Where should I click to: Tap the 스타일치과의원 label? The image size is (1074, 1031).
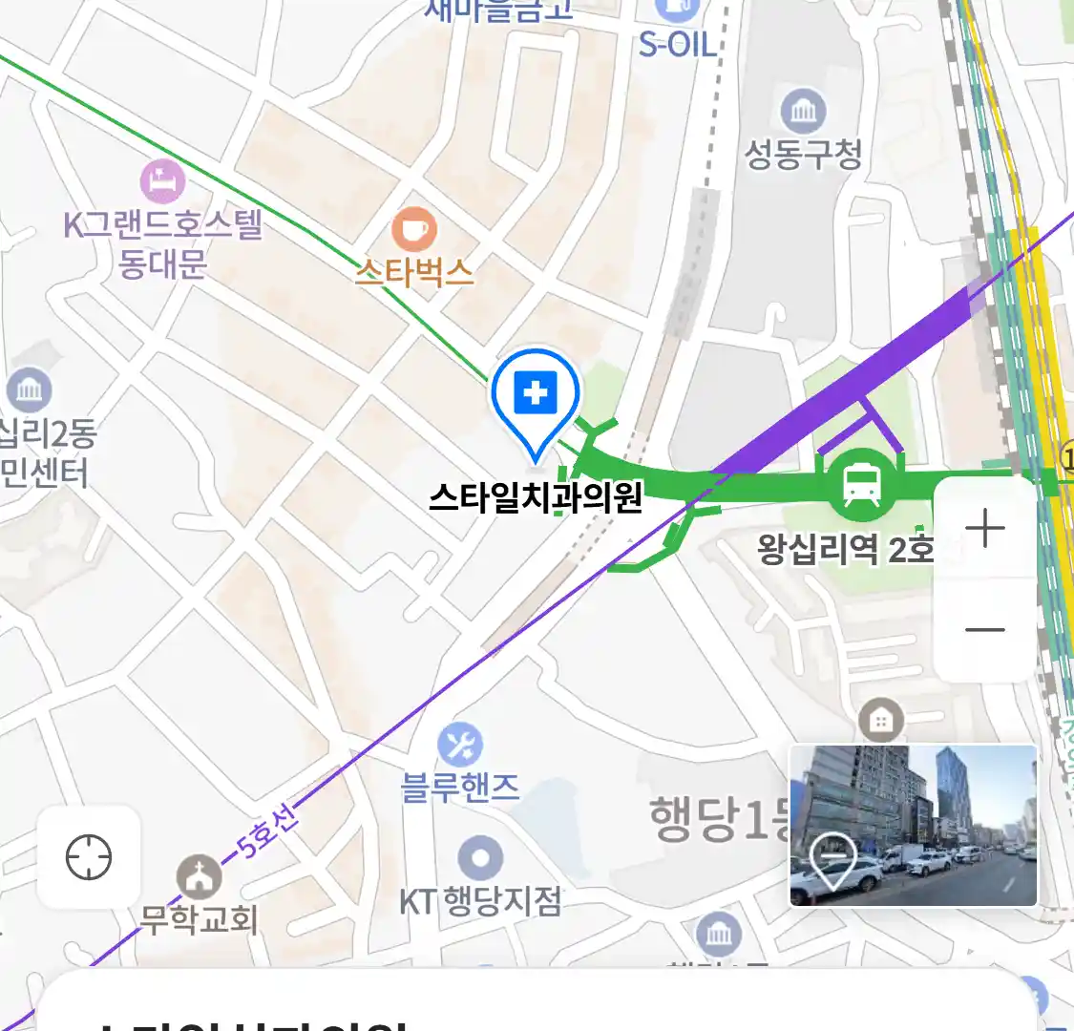pos(536,497)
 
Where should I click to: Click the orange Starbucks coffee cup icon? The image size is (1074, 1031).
pos(414,230)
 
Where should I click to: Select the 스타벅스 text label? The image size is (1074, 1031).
pos(414,272)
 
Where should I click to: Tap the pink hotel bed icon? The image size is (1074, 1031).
pos(162,180)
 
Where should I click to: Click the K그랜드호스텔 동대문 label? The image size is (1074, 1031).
pos(162,243)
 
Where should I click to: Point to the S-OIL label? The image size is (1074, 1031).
pos(677,44)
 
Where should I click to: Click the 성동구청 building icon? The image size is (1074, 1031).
pos(803,111)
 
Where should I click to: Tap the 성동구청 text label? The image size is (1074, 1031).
pos(803,154)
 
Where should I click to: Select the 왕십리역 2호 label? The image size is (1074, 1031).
pos(846,549)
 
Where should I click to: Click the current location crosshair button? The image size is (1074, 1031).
pos(89,856)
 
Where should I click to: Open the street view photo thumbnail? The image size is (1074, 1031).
pos(913,826)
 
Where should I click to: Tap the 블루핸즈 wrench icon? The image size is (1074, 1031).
pos(460,745)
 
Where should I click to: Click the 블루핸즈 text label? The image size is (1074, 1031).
pos(460,788)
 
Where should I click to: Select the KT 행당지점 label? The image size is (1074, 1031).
pos(480,901)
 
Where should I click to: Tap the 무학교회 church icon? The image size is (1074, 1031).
pos(200,876)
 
